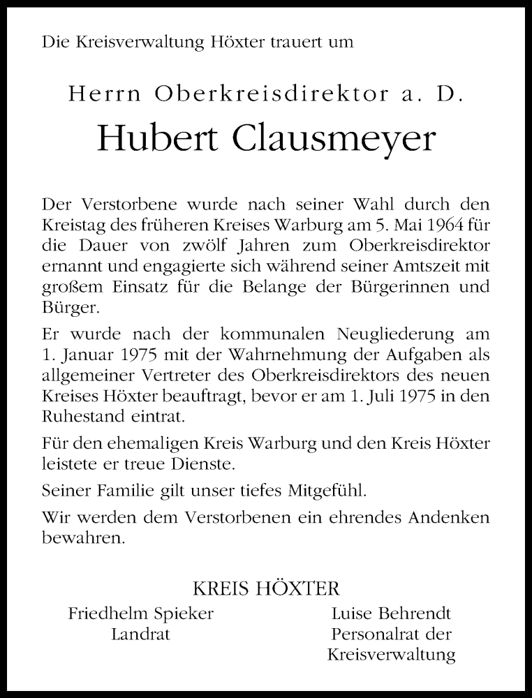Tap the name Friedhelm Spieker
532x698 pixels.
point(140,614)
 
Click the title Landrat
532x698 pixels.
point(140,634)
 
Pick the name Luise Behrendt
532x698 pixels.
point(390,614)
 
